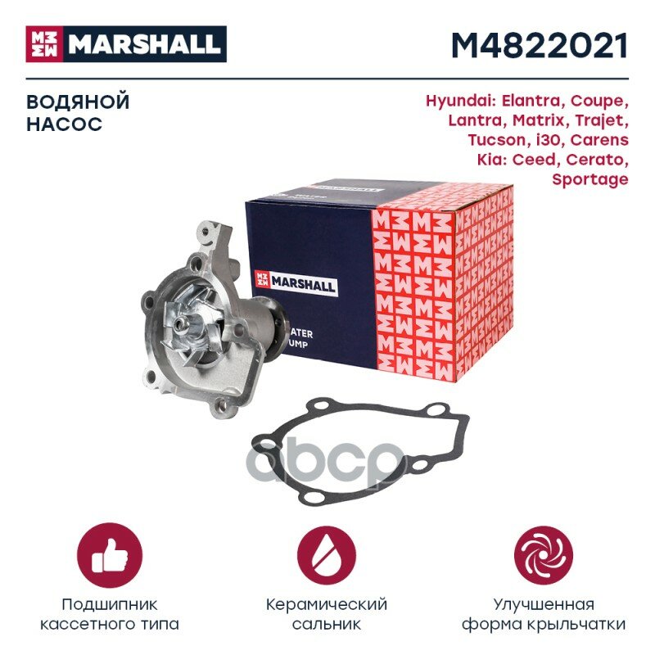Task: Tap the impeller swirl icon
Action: pyautogui.click(x=542, y=554)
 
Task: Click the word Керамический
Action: pyautogui.click(x=327, y=605)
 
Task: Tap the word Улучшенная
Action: pyautogui.click(x=543, y=605)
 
